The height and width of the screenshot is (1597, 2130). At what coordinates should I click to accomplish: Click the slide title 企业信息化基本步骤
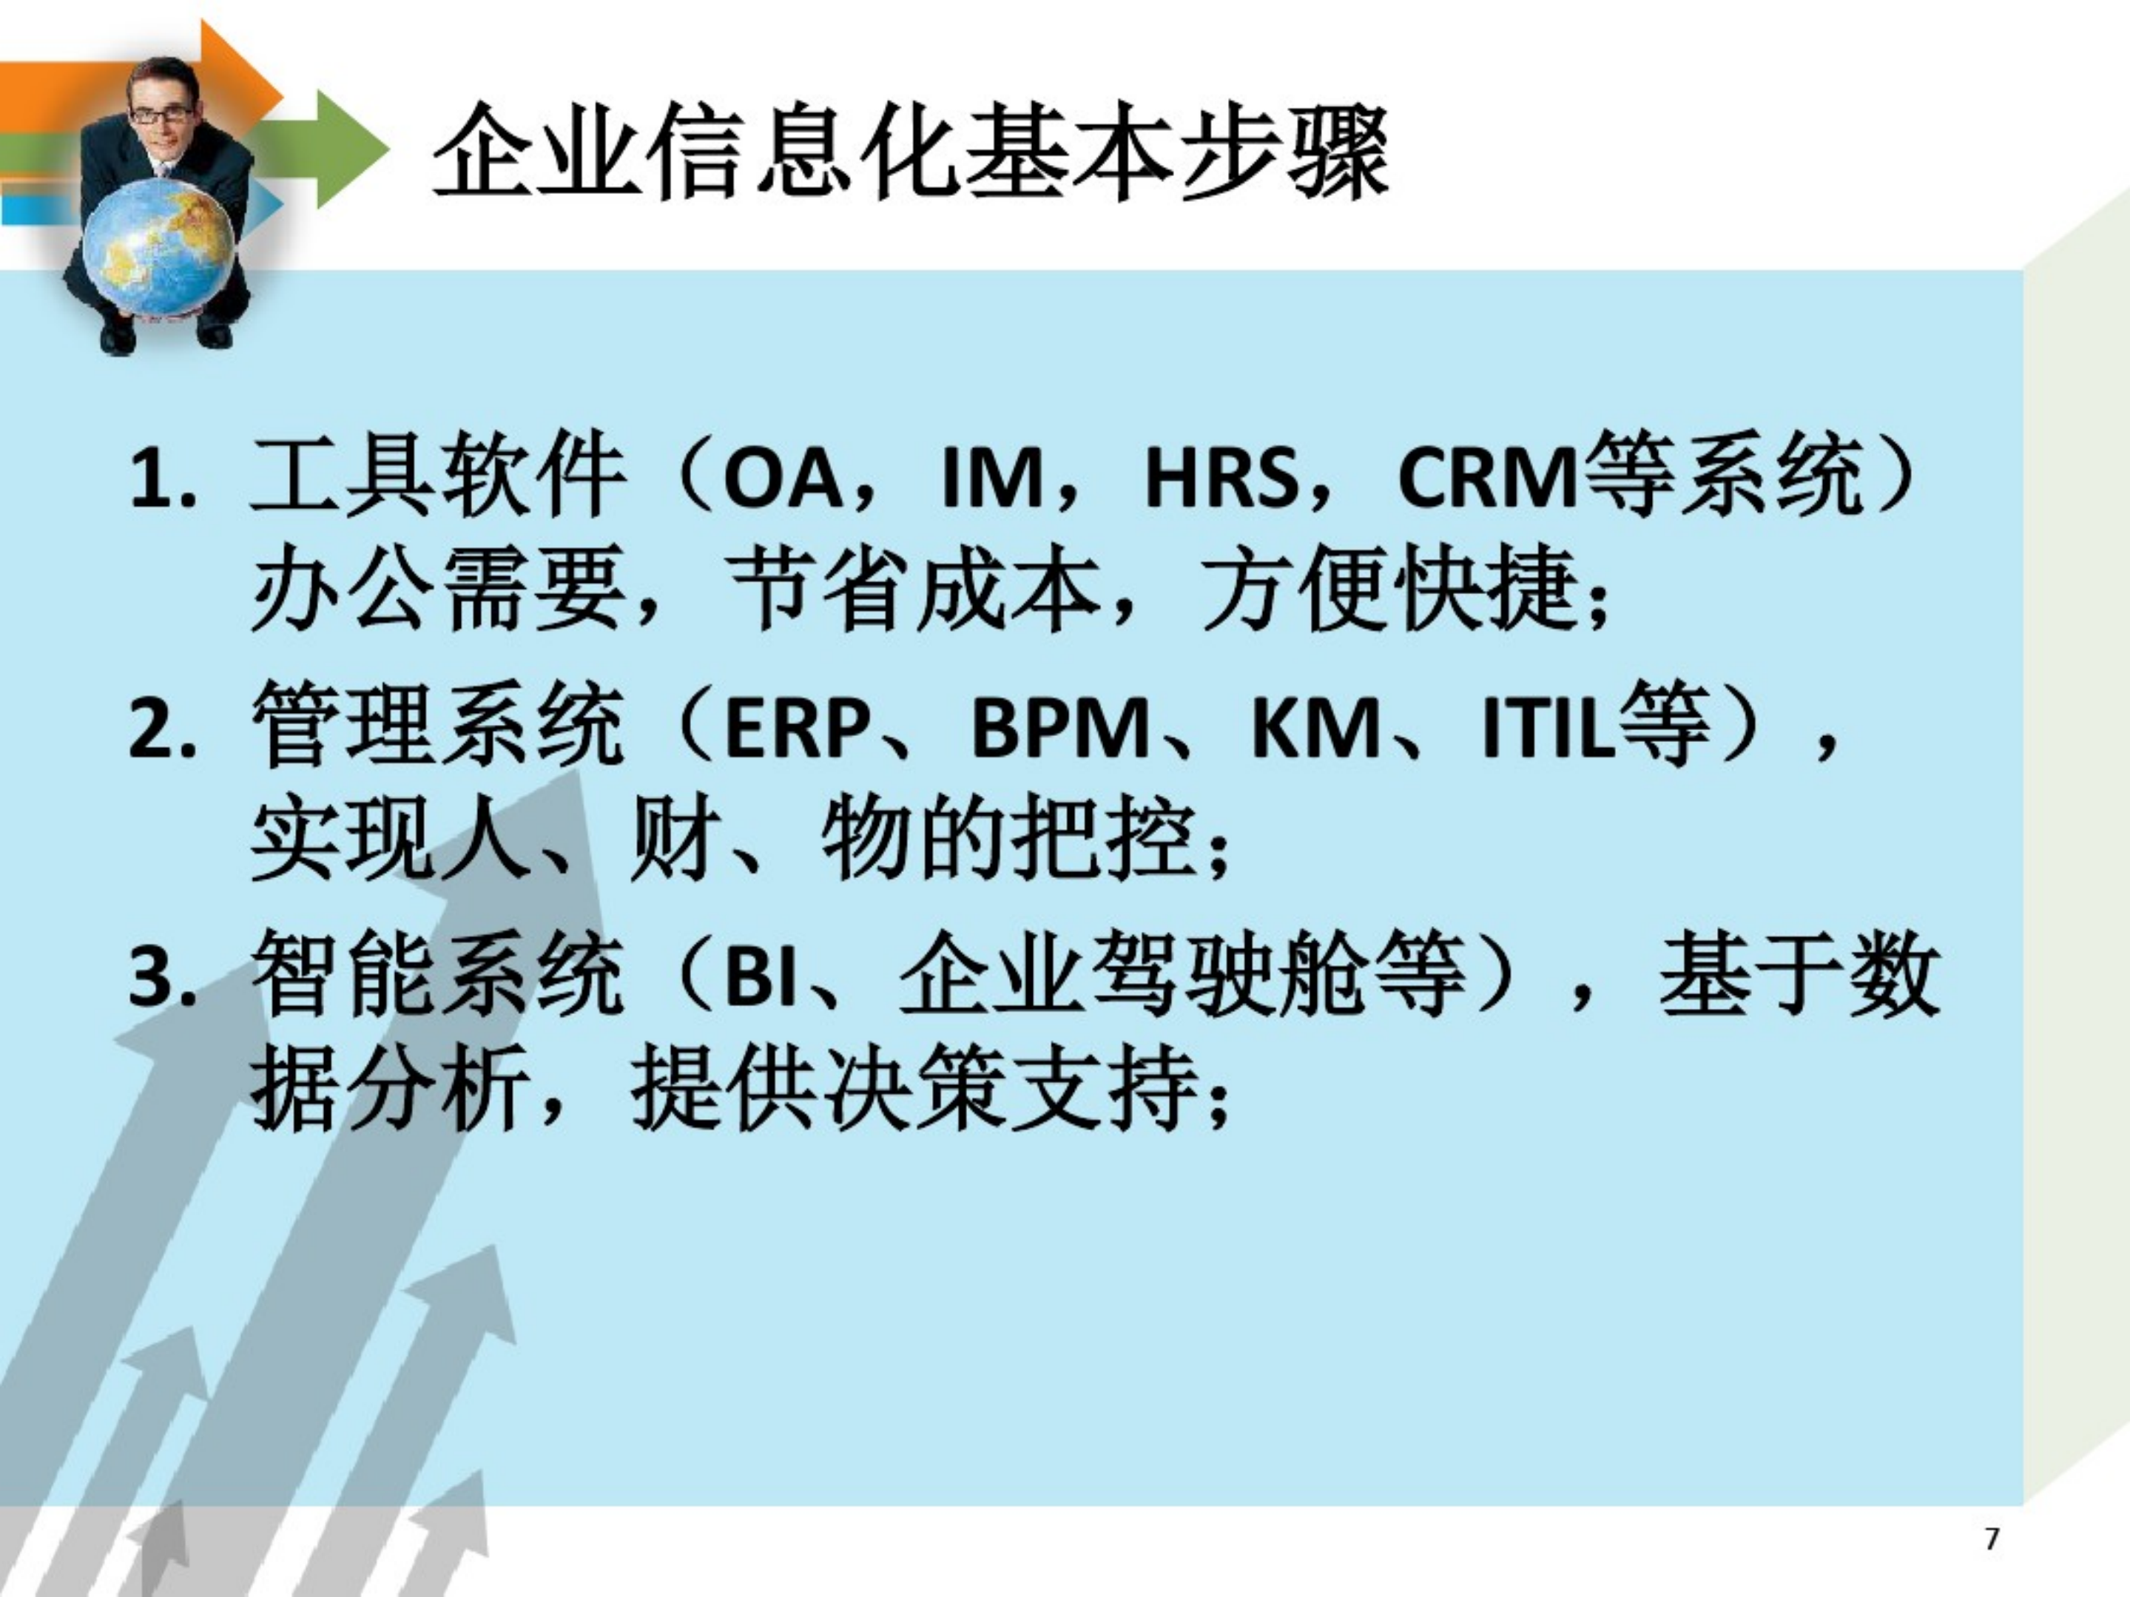pos(910,154)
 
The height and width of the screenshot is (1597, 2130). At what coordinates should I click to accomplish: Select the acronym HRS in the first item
pos(1220,479)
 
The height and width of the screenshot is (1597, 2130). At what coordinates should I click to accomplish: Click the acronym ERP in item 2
pos(795,729)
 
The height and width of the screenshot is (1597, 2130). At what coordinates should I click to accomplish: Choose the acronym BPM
pos(1059,729)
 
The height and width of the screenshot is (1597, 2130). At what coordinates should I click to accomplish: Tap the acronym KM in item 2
pos(1315,729)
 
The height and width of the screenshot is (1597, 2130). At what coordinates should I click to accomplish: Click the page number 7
pos(1992,1539)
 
